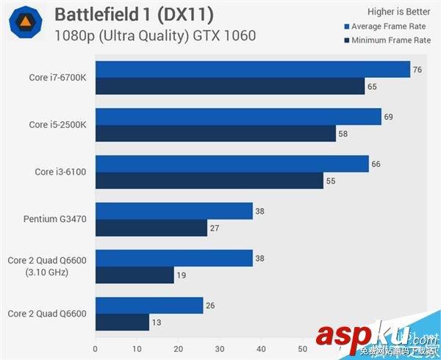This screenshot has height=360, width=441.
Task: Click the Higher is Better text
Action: (398, 11)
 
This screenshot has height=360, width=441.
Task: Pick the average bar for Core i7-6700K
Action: (252, 70)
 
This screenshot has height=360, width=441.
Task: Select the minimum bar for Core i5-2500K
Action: (215, 134)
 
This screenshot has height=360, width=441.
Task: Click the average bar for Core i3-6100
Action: (232, 164)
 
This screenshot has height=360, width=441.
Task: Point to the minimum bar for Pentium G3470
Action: (151, 228)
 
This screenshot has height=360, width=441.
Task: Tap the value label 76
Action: (417, 70)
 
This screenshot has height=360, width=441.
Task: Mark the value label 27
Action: (215, 228)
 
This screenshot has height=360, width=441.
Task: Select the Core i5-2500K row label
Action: (58, 125)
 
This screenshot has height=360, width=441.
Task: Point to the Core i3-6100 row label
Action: (61, 172)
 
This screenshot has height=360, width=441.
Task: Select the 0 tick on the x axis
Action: (96, 348)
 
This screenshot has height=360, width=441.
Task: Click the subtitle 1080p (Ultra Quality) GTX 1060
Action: (155, 35)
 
